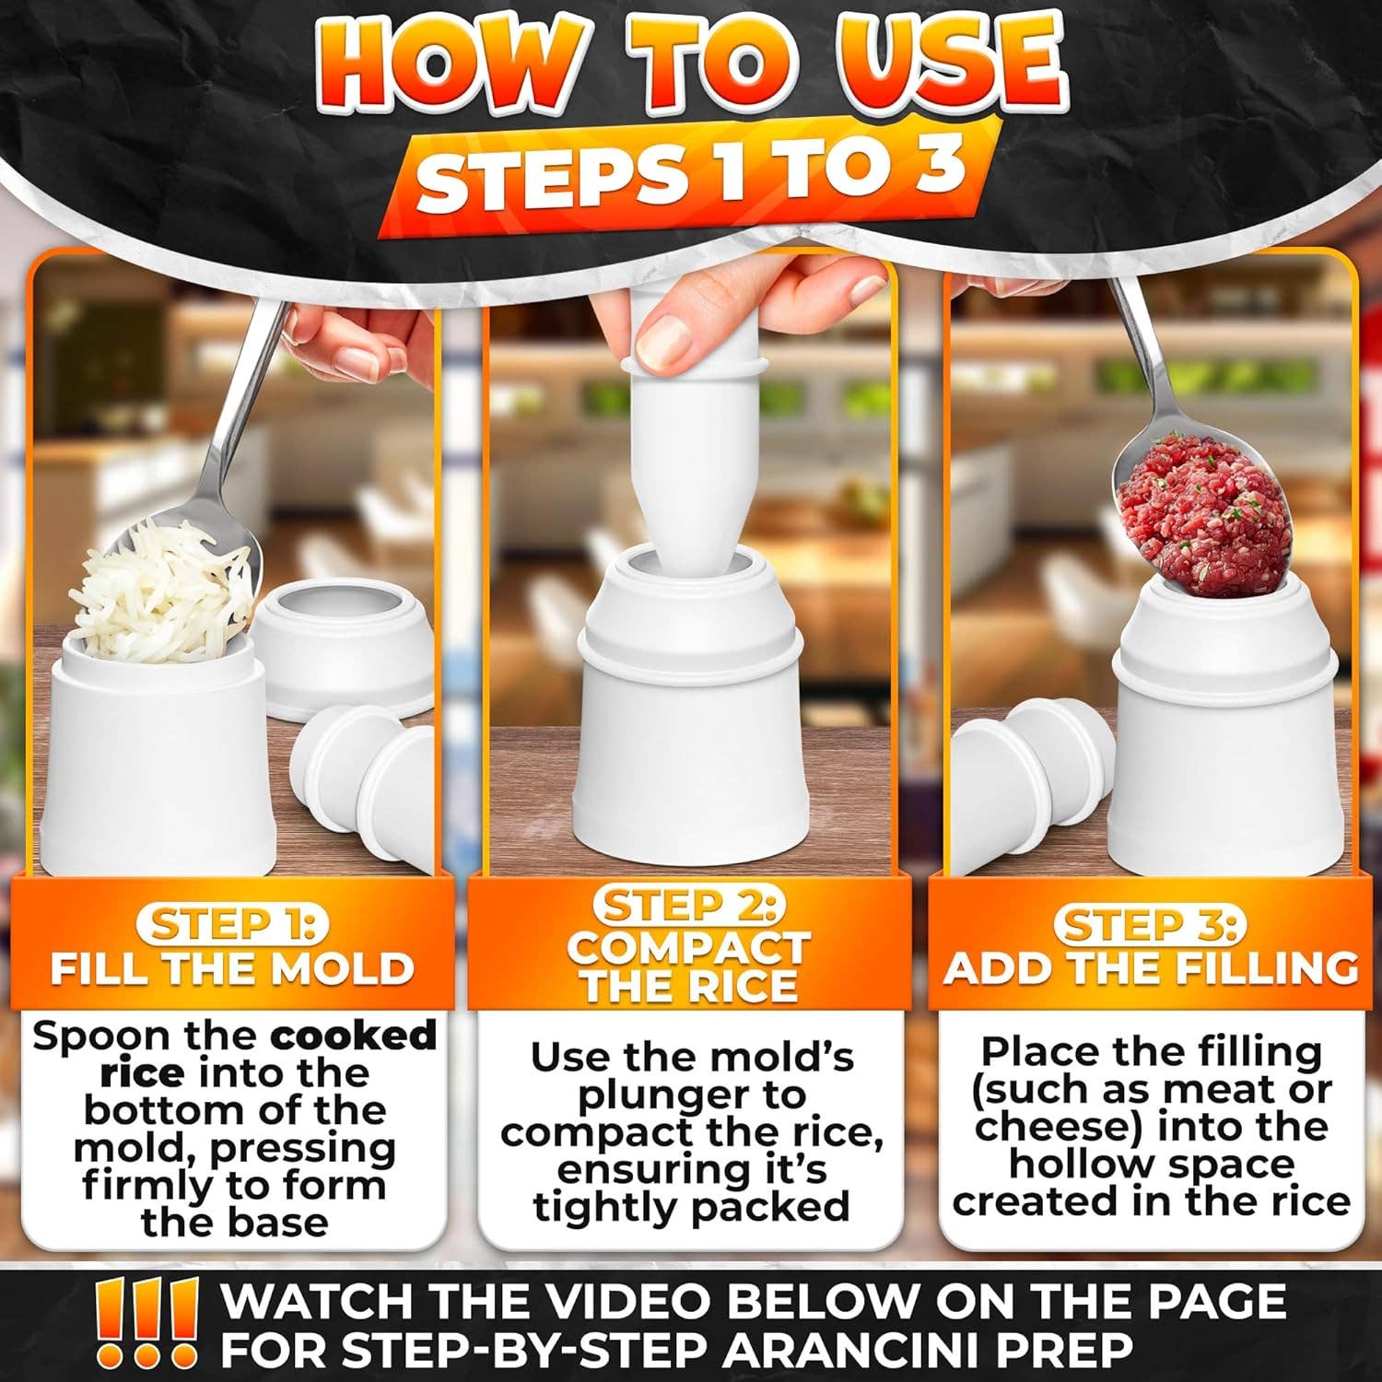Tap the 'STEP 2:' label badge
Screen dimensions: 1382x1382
coord(689,906)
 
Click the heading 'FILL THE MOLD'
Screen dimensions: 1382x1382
coord(231,969)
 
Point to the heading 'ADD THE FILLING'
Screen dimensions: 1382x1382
coord(1151,969)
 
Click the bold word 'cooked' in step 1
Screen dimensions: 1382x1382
coord(353,1036)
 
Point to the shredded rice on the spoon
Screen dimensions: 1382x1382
coord(170,590)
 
